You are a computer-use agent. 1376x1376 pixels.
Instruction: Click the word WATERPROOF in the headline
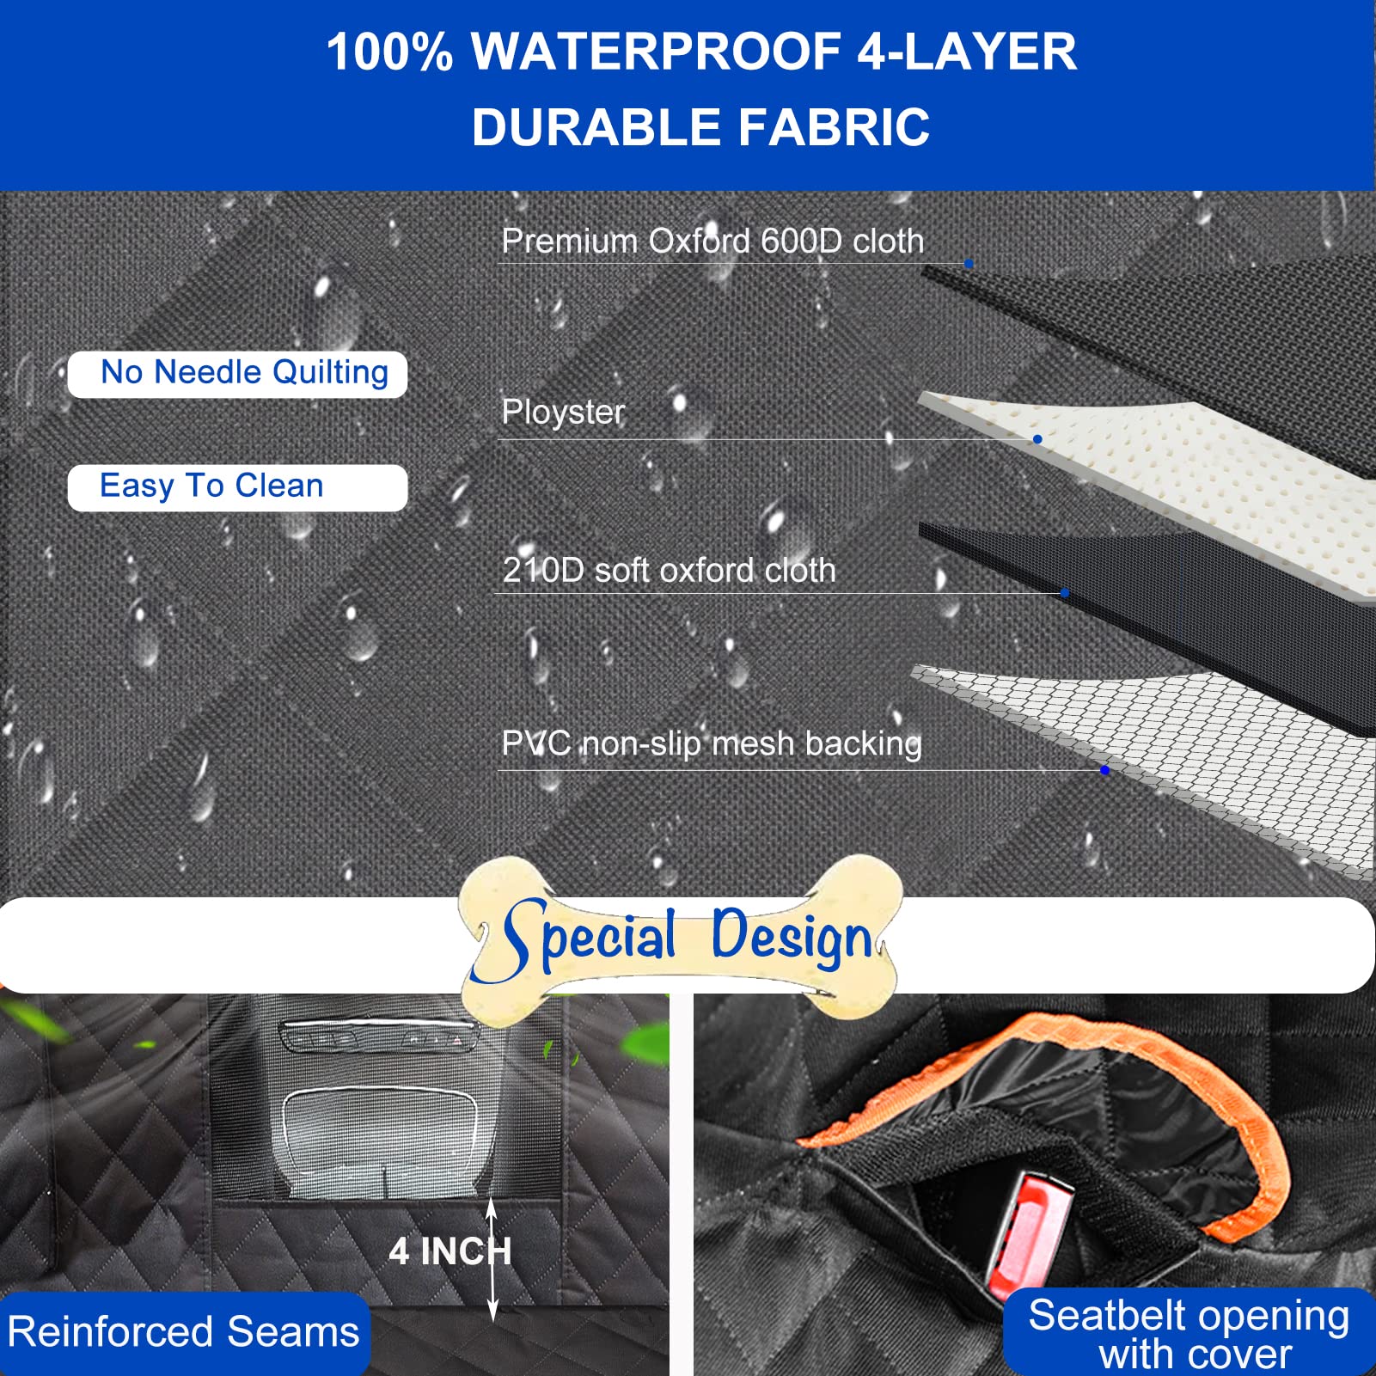(655, 52)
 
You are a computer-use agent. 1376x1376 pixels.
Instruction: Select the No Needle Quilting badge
(237, 374)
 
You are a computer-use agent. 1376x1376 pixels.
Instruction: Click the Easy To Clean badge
(237, 487)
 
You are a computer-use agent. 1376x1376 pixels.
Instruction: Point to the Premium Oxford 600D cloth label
(712, 242)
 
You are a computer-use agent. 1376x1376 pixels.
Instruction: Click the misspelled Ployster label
(563, 413)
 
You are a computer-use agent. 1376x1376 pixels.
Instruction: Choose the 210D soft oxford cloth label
(669, 571)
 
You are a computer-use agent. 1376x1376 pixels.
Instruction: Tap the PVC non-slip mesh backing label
(712, 743)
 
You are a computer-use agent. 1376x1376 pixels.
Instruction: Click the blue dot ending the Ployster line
(1037, 439)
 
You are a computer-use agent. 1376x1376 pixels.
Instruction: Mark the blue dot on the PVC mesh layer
(1104, 770)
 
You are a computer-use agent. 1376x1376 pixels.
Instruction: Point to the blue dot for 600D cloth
(969, 264)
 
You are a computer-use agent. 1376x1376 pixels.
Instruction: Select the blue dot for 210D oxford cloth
(1065, 593)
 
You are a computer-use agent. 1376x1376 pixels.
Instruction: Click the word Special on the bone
(591, 937)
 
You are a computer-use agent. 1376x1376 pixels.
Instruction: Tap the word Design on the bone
(791, 937)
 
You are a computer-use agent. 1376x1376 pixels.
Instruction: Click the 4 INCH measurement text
(449, 1251)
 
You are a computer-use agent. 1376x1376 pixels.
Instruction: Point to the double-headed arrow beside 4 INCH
(492, 1260)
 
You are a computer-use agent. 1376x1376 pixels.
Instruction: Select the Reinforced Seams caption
(183, 1332)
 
